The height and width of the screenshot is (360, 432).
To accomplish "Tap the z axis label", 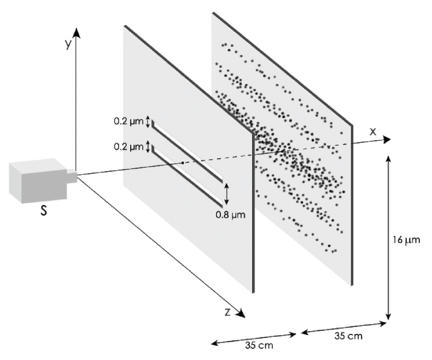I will pos(228,312).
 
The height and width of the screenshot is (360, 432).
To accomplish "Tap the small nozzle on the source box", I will pos(71,175).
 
